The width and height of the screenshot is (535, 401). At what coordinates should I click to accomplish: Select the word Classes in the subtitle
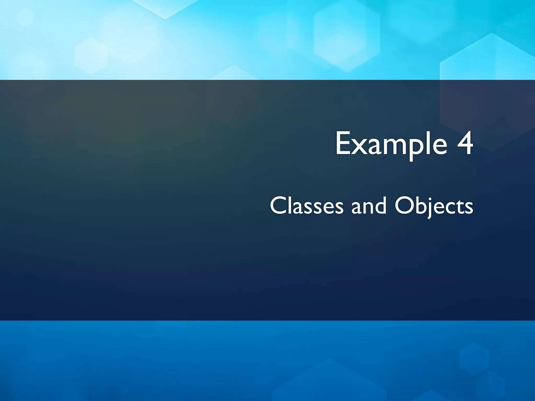(306, 206)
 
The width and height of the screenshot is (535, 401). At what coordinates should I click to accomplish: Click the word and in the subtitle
(368, 206)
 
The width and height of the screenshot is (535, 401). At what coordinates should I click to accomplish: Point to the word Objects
(434, 206)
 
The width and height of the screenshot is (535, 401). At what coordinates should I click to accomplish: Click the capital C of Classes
(278, 206)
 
